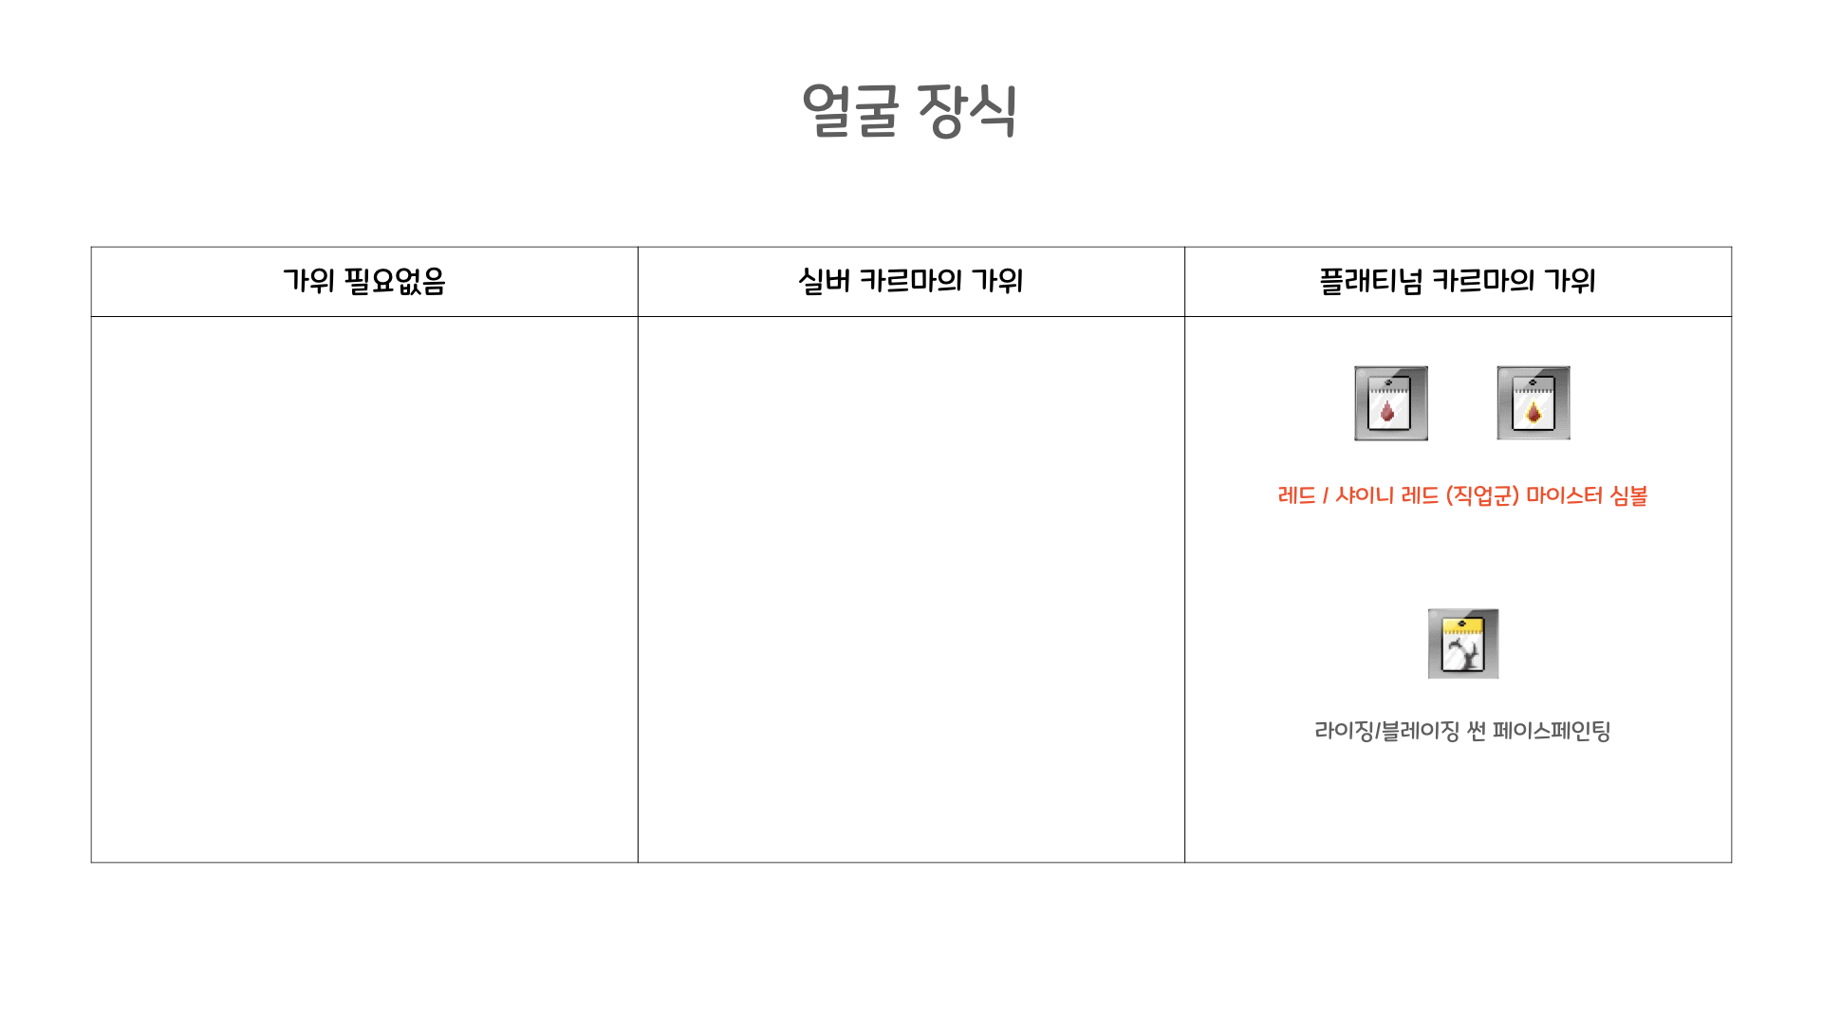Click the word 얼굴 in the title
850,111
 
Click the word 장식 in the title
967,111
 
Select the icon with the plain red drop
1390,403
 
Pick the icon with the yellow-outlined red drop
1533,403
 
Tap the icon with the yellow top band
1462,644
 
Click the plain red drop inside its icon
1387,411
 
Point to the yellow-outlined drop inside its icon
1533,412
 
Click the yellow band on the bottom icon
1462,626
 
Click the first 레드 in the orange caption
1296,495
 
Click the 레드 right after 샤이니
1420,495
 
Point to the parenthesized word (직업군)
1482,495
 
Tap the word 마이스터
1564,495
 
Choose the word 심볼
1628,495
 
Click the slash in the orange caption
1325,495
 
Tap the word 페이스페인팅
1551,731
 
